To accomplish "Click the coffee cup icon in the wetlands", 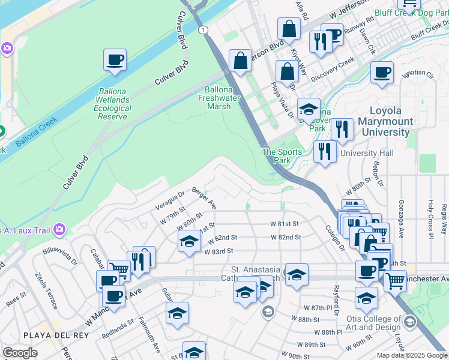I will tap(115, 61).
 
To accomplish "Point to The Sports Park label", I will tap(281, 156).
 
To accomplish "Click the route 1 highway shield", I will tap(205, 29).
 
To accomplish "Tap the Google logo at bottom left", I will tap(20, 353).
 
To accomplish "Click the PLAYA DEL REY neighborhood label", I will tap(48, 334).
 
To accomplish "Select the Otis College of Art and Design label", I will tap(379, 323).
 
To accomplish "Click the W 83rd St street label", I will tap(218, 251).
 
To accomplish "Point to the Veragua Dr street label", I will tap(172, 200).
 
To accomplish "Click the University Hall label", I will tap(367, 154).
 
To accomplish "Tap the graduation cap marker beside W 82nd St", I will tap(189, 241).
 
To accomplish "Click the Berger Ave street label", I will tap(204, 198).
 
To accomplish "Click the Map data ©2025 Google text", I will tap(412, 355).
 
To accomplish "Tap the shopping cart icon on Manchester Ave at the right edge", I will tap(394, 280).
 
